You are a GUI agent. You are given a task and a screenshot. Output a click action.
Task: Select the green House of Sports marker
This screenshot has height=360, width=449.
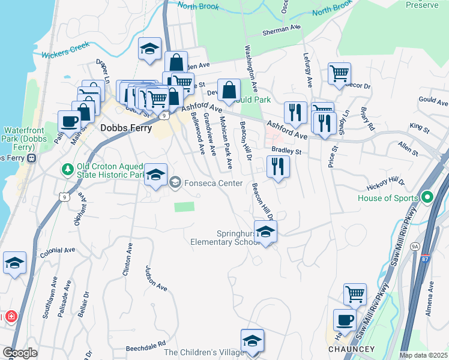pos(427,197)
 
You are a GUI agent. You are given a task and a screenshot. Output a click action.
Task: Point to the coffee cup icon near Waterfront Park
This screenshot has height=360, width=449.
pos(70,121)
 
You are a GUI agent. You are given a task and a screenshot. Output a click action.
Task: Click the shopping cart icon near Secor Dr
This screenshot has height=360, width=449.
pos(339,74)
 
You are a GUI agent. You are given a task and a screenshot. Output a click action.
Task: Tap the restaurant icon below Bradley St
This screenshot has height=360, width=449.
pos(278,166)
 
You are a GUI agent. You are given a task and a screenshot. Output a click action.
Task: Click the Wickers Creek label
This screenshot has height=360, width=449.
pos(65,50)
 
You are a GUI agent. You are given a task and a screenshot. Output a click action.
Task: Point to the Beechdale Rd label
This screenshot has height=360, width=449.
pos(145,347)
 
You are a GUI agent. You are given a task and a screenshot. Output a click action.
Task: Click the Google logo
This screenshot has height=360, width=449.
pos(20,353)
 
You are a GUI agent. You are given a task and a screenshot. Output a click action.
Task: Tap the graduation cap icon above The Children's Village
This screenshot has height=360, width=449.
pos(252,340)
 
